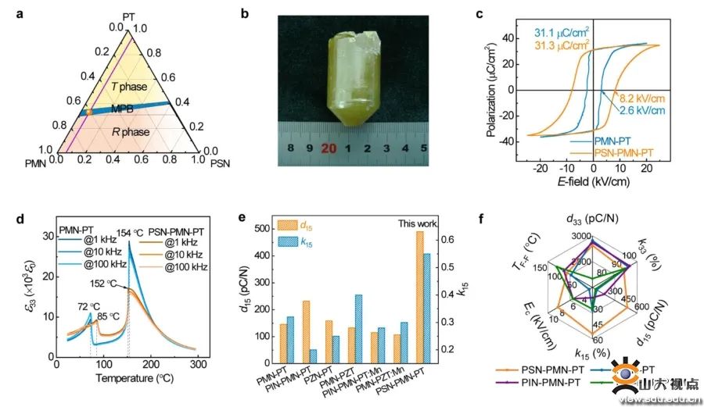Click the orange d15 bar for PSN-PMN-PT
tap(418, 297)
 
